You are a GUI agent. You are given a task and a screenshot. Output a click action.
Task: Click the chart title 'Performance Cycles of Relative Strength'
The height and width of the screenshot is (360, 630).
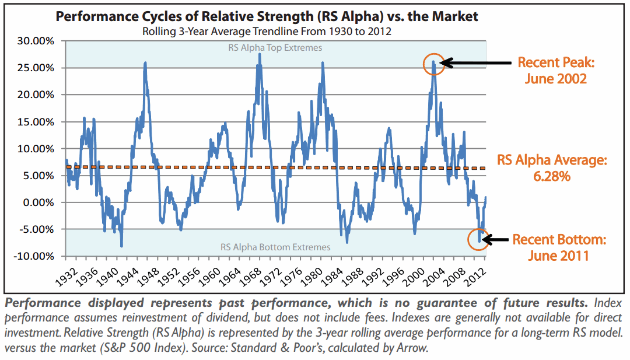coord(267,16)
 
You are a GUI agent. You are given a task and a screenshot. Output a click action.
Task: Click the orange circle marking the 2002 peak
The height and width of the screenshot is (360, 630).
coord(434,64)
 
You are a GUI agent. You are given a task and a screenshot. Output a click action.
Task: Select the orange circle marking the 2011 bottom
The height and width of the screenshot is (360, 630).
coord(480,239)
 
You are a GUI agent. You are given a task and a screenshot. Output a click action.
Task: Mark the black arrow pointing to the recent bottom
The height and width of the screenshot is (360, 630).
coord(496,239)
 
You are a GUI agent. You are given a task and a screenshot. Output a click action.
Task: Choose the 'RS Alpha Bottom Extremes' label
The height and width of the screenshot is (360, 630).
coord(275,247)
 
